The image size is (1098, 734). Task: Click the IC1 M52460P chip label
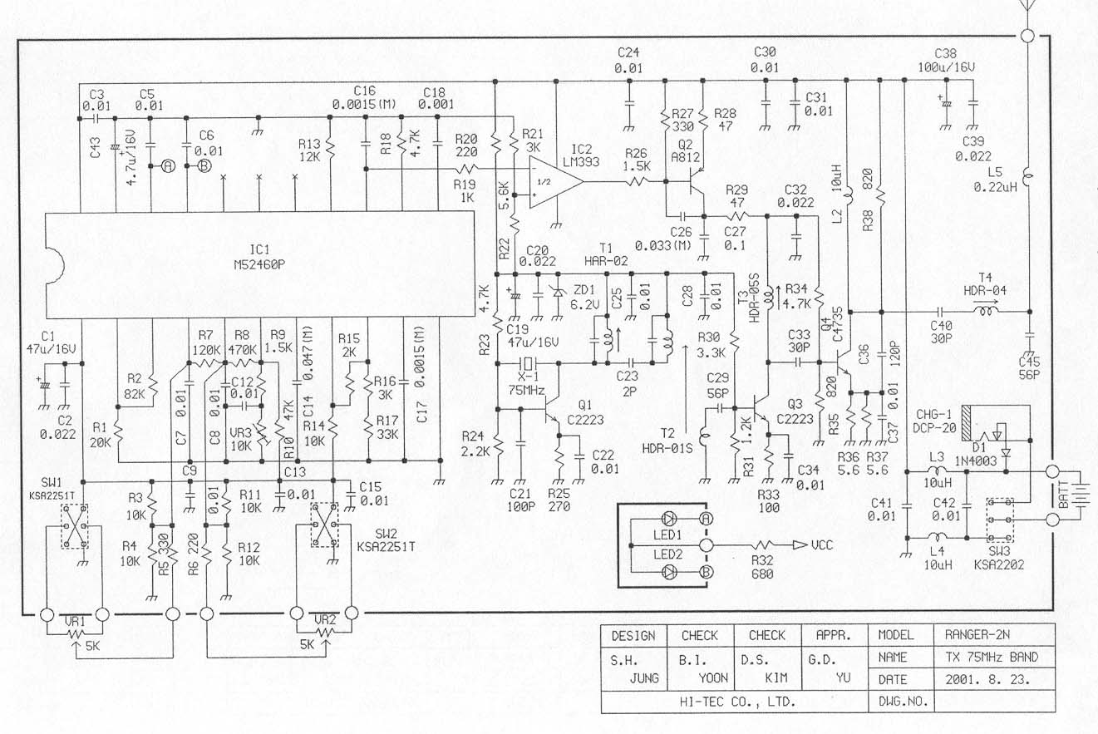point(261,255)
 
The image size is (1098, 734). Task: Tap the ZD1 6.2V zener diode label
point(583,298)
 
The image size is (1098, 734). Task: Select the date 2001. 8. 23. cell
point(987,679)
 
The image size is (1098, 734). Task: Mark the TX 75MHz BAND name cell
point(991,657)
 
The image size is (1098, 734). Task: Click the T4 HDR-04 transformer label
point(985,283)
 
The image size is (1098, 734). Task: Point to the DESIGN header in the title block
point(633,635)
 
